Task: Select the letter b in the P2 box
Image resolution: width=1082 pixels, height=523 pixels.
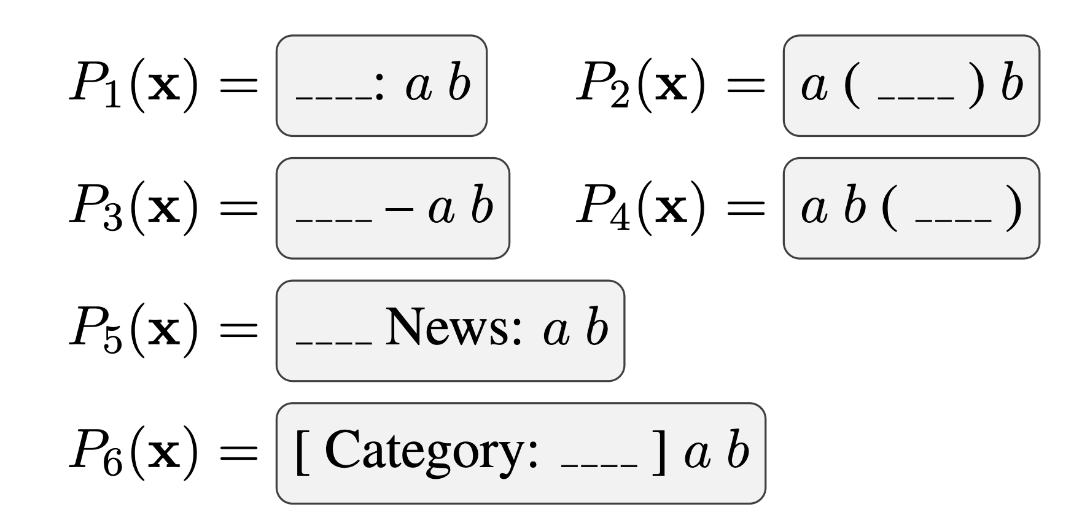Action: click(x=1011, y=85)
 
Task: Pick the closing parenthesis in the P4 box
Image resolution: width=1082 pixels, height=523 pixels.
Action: click(x=1013, y=209)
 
